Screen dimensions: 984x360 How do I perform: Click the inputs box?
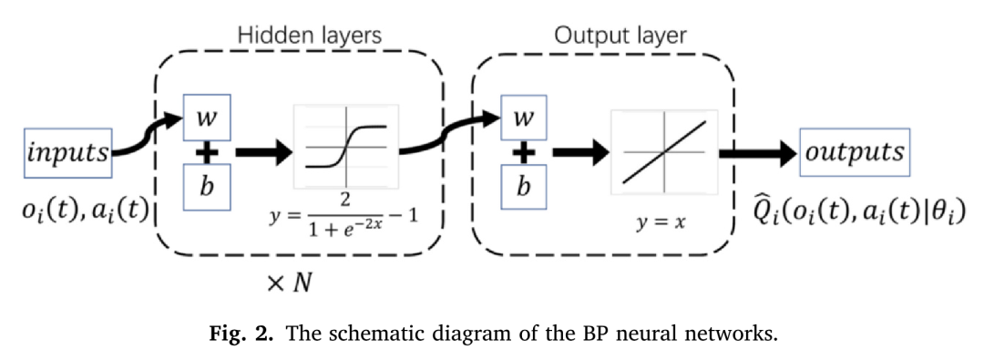pyautogui.click(x=67, y=153)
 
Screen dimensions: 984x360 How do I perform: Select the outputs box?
pyautogui.click(x=854, y=153)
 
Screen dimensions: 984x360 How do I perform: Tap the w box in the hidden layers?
pyautogui.click(x=208, y=118)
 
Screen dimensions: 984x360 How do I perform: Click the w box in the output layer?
pyautogui.click(x=526, y=118)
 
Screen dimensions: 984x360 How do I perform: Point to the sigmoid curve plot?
pyautogui.click(x=346, y=147)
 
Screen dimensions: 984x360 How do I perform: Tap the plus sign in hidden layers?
pyautogui.click(x=208, y=154)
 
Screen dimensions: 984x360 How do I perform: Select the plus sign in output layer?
pyautogui.click(x=526, y=154)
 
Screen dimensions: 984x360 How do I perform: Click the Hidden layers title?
pyautogui.click(x=310, y=36)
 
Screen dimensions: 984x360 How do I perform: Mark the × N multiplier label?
pyautogui.click(x=289, y=283)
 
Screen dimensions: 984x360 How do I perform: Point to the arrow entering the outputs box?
pyautogui.click(x=757, y=153)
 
